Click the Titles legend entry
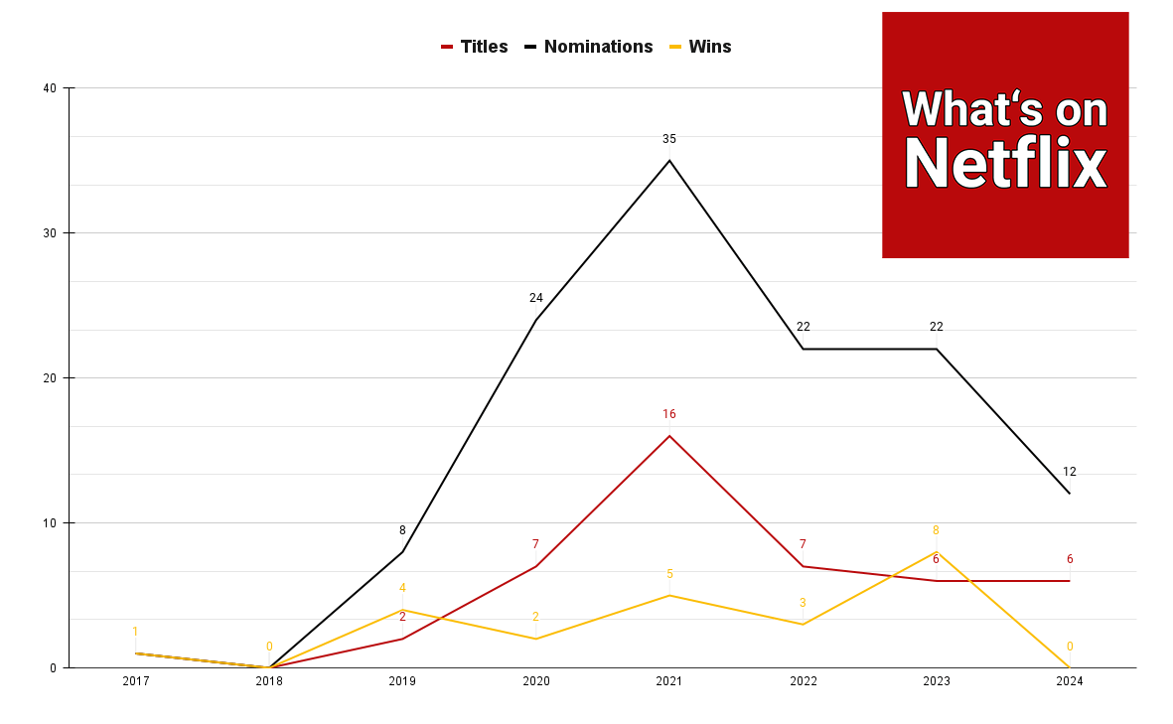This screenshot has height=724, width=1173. click(475, 47)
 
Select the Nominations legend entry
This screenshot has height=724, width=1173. click(588, 47)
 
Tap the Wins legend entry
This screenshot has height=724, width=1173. click(700, 47)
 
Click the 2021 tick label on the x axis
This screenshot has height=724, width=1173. click(668, 681)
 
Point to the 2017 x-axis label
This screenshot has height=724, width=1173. click(135, 681)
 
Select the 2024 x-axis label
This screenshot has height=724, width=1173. click(1069, 681)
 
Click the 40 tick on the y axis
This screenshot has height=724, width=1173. click(50, 88)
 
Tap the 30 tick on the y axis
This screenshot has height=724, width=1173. click(50, 233)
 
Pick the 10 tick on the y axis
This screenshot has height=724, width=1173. click(50, 522)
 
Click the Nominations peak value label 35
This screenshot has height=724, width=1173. click(668, 139)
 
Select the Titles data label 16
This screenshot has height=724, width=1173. click(668, 414)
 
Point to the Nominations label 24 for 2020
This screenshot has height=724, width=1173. click(535, 298)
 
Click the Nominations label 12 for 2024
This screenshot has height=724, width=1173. click(1069, 472)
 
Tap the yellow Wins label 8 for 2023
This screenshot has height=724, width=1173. click(936, 530)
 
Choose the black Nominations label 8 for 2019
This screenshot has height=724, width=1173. click(402, 530)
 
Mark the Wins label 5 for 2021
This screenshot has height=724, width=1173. click(669, 574)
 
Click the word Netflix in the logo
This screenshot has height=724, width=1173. click(1005, 163)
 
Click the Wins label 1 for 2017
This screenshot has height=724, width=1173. click(135, 632)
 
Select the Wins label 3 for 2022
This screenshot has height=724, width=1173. click(803, 603)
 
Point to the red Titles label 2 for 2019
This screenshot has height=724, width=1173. click(402, 617)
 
